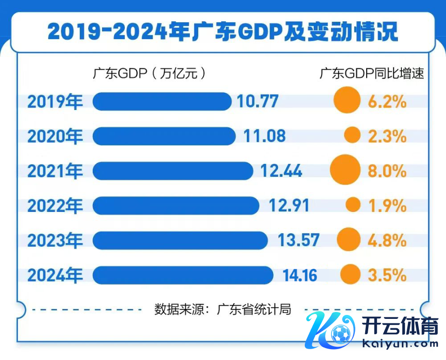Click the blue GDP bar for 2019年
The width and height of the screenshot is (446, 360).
tap(162, 102)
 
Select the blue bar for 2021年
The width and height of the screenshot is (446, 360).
tap(172, 171)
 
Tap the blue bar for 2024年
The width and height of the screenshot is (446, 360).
tap(183, 275)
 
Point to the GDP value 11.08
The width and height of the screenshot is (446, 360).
tap(265, 136)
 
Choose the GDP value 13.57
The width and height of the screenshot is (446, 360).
tap(298, 240)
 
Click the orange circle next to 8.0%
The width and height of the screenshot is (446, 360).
tap(345, 170)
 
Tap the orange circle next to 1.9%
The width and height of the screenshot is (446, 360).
tap(353, 205)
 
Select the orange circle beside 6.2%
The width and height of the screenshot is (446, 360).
tap(346, 101)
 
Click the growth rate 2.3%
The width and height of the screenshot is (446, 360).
tap(387, 136)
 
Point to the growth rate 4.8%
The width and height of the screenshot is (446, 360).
tap(387, 240)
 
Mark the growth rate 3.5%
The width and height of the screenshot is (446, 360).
tap(387, 275)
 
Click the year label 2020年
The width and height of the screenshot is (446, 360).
tap(55, 136)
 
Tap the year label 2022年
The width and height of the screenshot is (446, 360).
tap(55, 206)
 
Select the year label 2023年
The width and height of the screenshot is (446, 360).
tap(55, 240)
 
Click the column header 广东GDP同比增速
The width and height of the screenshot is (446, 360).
tap(371, 74)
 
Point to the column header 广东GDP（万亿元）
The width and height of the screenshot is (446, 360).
tap(149, 74)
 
